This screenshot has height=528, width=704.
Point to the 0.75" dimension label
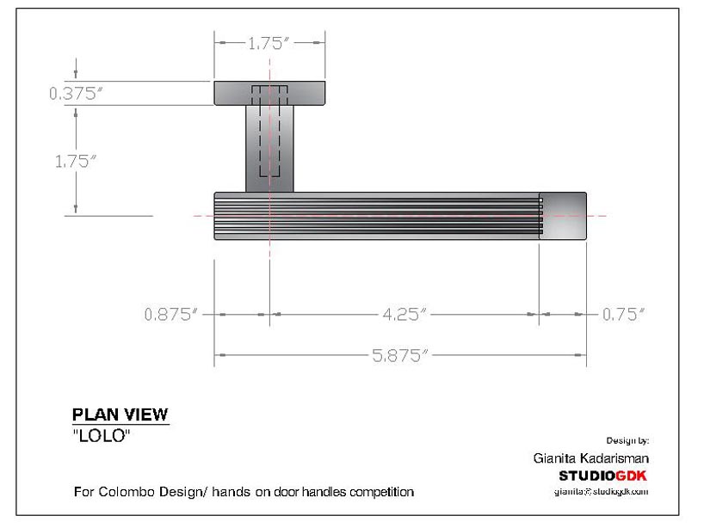[x=623, y=315]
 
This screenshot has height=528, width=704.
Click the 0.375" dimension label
[x=76, y=95]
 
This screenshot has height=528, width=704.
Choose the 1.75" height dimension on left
[x=76, y=161]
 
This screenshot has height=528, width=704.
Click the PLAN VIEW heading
[x=120, y=414]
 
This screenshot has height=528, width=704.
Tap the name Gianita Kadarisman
[x=590, y=458]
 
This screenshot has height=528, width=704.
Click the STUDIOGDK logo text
[x=602, y=476]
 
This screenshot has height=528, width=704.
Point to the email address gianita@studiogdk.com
[x=601, y=492]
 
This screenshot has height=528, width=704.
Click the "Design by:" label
[x=627, y=440]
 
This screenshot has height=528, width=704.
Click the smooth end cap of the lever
[x=565, y=215]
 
